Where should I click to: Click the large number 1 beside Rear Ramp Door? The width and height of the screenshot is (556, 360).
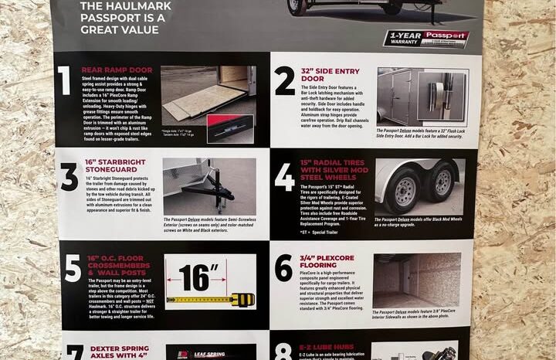tap(64, 80)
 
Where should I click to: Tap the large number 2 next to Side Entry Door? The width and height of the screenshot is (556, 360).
tap(284, 80)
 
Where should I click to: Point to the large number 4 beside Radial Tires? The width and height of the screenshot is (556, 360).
tap(285, 177)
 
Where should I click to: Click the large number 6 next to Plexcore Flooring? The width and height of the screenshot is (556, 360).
tap(283, 267)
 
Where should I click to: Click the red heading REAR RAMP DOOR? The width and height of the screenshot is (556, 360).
tap(117, 69)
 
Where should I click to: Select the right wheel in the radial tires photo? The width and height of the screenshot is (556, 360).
tap(442, 182)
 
